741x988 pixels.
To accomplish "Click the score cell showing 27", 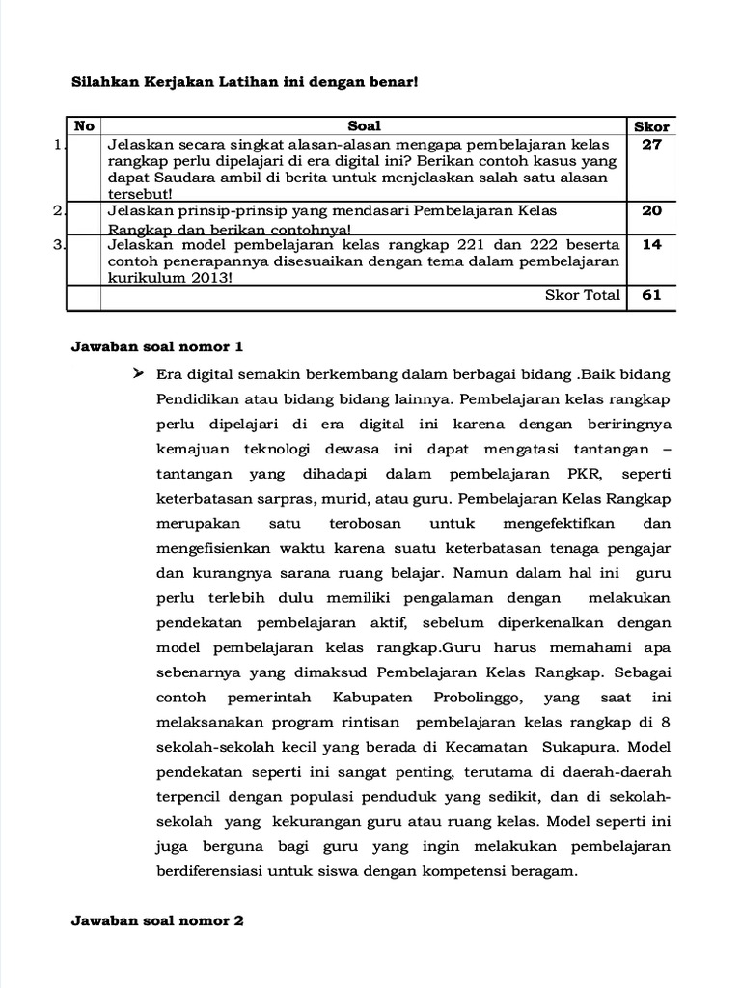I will point(651,144).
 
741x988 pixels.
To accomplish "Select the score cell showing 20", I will point(651,210).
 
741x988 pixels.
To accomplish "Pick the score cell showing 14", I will point(651,244).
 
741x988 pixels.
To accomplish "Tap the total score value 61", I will point(651,295).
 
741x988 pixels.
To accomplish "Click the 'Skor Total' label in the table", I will point(583,295).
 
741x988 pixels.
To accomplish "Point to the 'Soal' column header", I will point(364,125).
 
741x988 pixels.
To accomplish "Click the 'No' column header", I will point(85,125).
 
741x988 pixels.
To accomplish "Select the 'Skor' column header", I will point(651,126).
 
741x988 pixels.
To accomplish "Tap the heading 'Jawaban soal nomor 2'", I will point(157,920).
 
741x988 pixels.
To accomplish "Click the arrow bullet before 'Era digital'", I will point(138,372).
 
